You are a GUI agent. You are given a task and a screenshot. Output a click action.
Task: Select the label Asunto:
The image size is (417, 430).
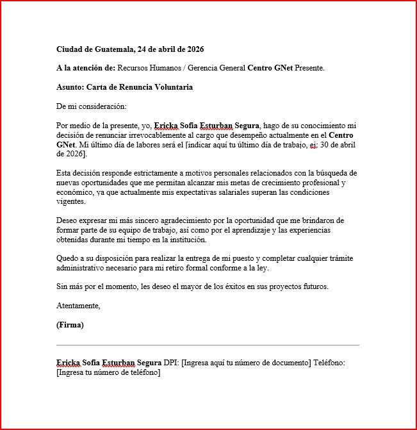point(70,87)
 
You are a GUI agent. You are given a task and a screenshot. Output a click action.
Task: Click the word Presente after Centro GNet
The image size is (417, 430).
point(309,68)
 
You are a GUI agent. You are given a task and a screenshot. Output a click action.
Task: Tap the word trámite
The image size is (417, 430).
point(338,258)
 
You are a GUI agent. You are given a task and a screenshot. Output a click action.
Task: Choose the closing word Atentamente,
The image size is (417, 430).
point(78,306)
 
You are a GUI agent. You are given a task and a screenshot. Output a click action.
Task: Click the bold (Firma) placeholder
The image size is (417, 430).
point(70,325)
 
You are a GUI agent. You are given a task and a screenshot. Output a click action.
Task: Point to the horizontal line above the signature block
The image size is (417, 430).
point(208,345)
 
